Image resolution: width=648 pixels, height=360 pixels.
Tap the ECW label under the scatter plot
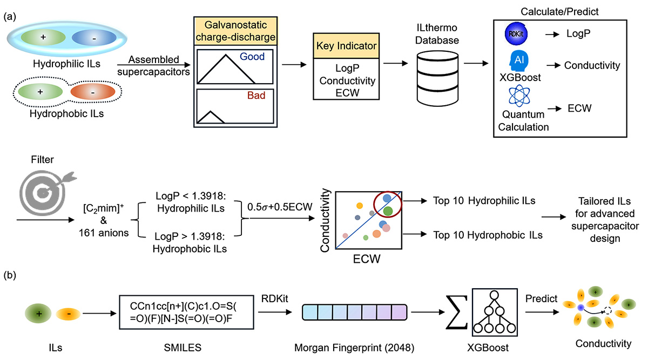coord(367,259)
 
